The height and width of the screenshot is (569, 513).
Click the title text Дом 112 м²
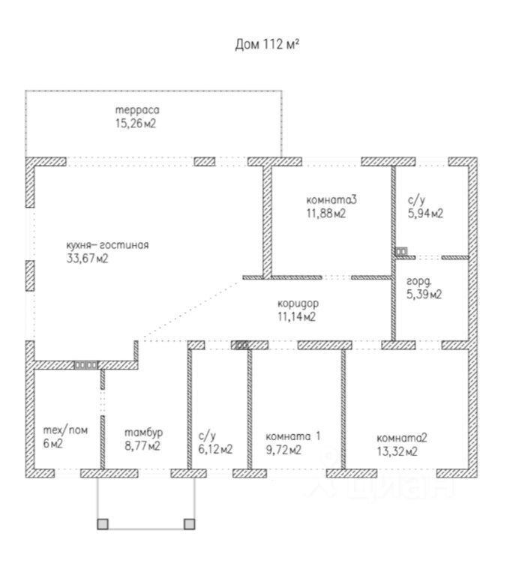(268, 44)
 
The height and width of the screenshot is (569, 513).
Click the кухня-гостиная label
(108, 245)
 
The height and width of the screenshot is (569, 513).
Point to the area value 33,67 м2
(88, 259)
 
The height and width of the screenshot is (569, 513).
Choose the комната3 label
(331, 199)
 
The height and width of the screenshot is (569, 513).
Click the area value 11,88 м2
(325, 214)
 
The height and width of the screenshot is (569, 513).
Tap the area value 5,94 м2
(425, 214)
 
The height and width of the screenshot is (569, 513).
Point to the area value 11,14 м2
(295, 316)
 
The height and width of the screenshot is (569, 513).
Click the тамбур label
(143, 433)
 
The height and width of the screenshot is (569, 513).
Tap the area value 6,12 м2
(215, 450)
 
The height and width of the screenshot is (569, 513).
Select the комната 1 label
(293, 436)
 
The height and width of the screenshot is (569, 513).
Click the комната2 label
(402, 438)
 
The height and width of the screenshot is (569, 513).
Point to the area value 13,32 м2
(397, 451)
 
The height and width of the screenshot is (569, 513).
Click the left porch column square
(103, 524)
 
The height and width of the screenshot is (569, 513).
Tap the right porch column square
(190, 524)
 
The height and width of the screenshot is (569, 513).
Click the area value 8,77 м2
(142, 447)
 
